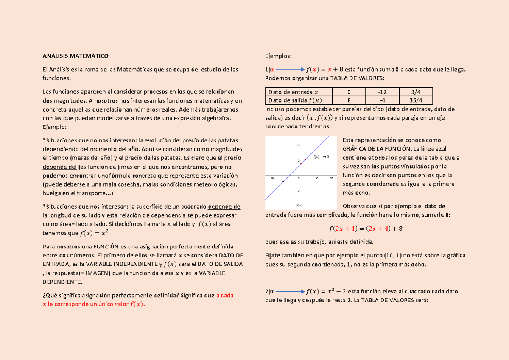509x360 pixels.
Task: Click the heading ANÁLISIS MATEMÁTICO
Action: tap(76, 56)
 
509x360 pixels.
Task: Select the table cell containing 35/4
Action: tap(417, 100)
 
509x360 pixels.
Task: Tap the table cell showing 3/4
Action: tap(417, 92)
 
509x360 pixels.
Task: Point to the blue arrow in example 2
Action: tap(290, 292)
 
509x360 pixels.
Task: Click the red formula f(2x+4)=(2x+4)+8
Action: tap(365, 229)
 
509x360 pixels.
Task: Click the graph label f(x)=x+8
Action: tap(321, 157)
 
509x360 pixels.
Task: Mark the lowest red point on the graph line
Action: tap(283, 181)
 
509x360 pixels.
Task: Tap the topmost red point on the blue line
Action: tap(305, 159)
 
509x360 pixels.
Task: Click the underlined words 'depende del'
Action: tap(60, 167)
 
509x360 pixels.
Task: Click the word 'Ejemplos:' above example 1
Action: tap(278, 56)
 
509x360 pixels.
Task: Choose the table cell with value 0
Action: tap(349, 92)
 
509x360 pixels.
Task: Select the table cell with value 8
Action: tap(349, 100)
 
